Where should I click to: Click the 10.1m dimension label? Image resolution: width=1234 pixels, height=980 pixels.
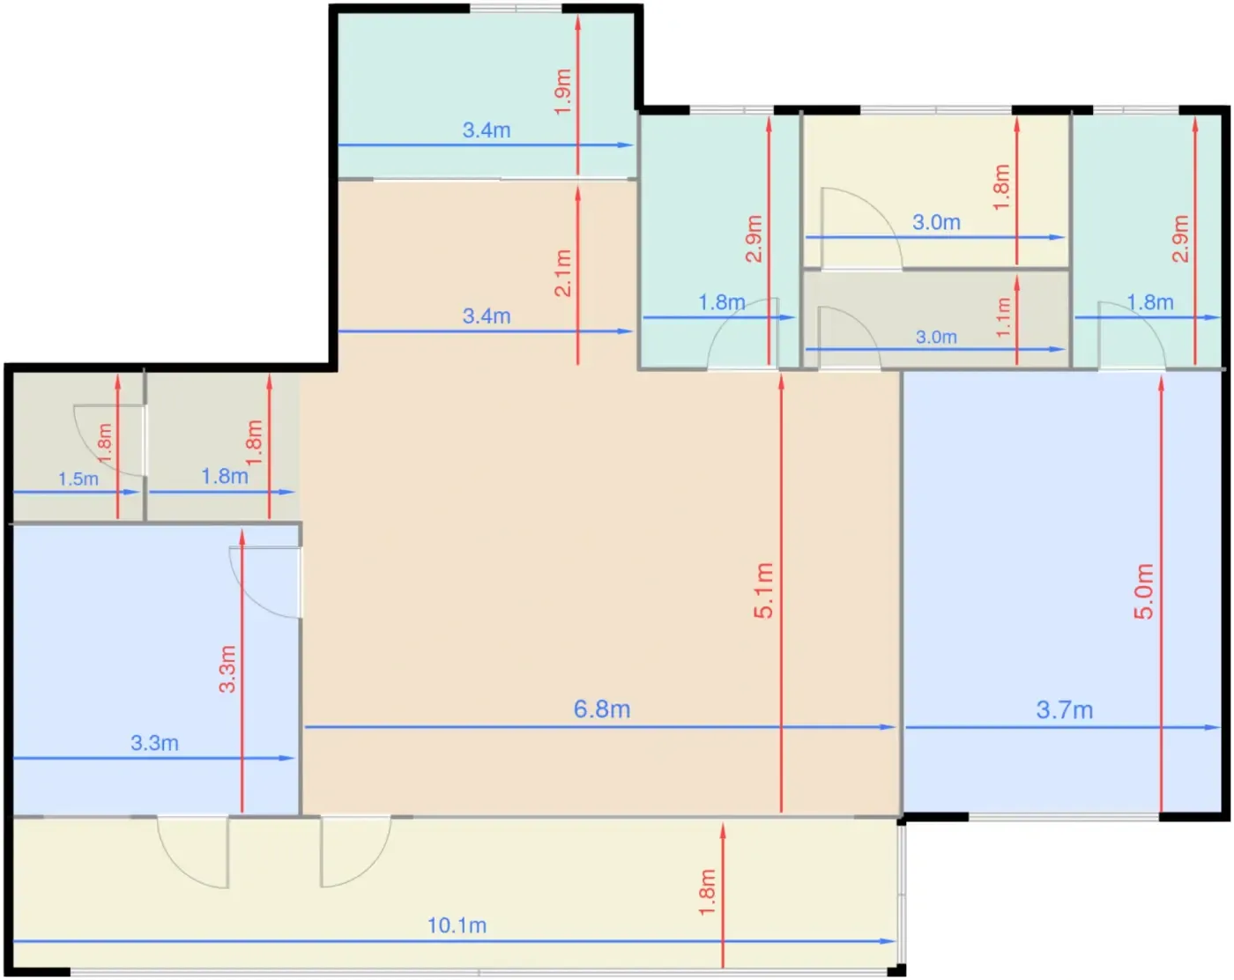(457, 925)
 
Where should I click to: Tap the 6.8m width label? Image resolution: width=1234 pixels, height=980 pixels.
(602, 709)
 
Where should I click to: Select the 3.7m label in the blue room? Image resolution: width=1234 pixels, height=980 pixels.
(1065, 710)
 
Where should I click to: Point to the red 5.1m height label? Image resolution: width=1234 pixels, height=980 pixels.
(764, 590)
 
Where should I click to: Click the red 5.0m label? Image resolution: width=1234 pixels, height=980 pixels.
(1144, 591)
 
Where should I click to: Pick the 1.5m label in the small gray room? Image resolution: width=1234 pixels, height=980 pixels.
(78, 479)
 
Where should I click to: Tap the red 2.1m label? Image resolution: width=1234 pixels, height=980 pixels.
(563, 273)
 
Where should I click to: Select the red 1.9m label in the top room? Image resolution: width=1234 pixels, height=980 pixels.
(563, 92)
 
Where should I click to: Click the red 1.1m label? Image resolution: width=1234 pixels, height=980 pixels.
(1003, 317)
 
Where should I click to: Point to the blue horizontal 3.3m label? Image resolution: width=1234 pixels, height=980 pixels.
(154, 743)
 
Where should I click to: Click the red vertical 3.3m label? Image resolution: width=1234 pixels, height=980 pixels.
(227, 669)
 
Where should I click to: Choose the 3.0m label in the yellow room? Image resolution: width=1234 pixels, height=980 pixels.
(936, 222)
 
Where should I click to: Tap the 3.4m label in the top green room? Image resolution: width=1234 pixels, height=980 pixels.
(487, 130)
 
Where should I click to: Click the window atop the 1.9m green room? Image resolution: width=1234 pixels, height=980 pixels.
(516, 8)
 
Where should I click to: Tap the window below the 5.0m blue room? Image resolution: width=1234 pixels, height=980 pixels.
(1064, 817)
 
